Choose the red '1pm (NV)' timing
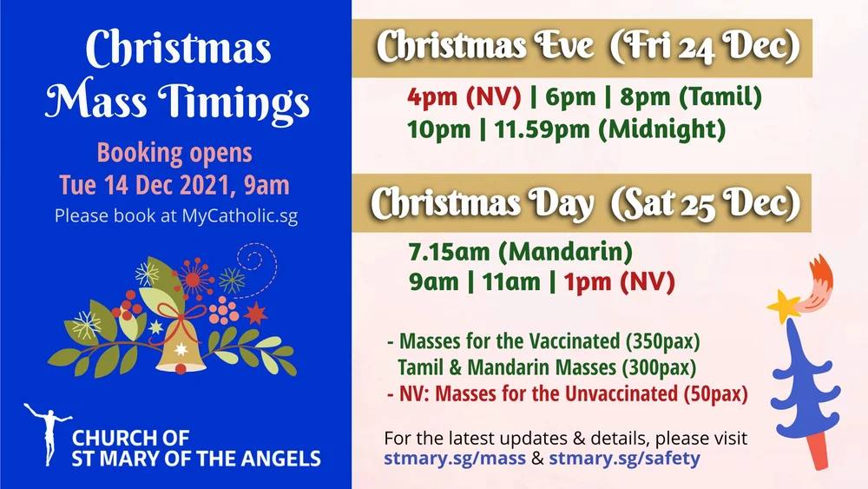point(618,282)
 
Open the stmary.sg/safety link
point(623,457)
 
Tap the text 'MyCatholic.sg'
point(240,215)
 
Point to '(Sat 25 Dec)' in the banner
point(704,204)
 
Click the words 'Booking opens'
point(174,154)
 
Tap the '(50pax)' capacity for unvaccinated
point(715,393)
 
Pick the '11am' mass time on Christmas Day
point(510,282)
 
